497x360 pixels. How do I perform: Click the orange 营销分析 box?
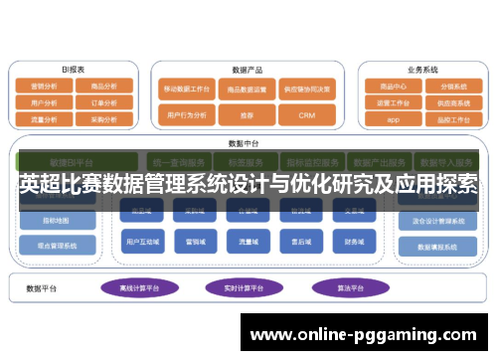point(44,87)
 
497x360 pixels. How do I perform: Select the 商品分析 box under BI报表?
point(104,87)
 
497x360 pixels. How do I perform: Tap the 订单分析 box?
point(104,101)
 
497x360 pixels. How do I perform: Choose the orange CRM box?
point(306,115)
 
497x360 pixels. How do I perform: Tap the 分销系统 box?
point(453,87)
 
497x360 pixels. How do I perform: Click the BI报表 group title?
point(74,70)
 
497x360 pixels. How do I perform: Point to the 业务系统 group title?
point(422,70)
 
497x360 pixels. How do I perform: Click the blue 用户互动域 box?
point(138,240)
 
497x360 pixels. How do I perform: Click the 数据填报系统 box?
point(436,246)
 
